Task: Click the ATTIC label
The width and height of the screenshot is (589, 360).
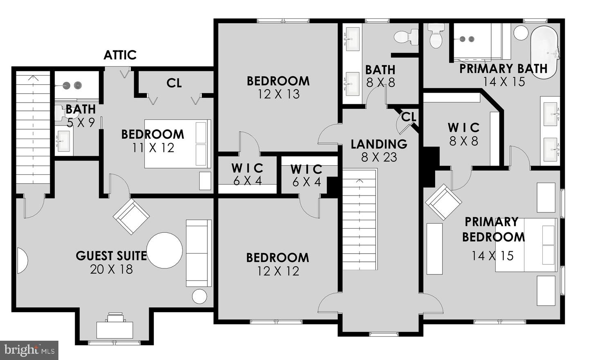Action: click(120, 55)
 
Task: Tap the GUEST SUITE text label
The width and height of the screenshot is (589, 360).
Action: click(111, 256)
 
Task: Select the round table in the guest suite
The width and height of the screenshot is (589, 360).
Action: click(164, 250)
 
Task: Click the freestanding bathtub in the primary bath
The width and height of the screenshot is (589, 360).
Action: click(544, 52)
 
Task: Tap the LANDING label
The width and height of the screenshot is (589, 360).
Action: click(379, 144)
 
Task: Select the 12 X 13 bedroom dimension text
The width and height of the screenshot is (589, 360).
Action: click(279, 94)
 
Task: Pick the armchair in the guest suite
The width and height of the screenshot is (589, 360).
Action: click(131, 216)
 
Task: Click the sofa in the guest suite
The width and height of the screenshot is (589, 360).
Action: click(199, 253)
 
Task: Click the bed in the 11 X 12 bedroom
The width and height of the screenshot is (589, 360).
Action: click(178, 144)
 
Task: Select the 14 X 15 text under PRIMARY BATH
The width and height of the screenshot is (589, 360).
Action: click(504, 81)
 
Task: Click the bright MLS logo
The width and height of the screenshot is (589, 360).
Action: click(29, 350)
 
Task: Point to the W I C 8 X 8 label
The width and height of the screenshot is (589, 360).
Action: click(463, 134)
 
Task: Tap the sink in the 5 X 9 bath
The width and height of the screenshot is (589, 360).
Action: click(63, 141)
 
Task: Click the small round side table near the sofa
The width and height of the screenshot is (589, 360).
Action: click(200, 296)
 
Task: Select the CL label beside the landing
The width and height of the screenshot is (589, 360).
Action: click(409, 117)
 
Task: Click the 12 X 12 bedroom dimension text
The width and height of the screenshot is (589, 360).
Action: click(278, 271)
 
